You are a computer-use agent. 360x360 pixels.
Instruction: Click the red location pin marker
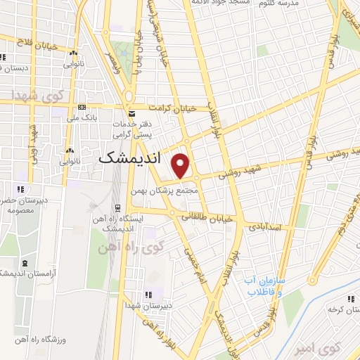181,165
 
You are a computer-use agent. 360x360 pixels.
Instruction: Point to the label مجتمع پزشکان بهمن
166,191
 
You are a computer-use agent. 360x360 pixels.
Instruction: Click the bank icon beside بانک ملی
83,108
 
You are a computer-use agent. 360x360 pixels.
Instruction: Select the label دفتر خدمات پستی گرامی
134,128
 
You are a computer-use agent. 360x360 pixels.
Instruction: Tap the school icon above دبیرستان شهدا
148,295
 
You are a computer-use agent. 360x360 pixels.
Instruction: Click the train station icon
117,207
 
